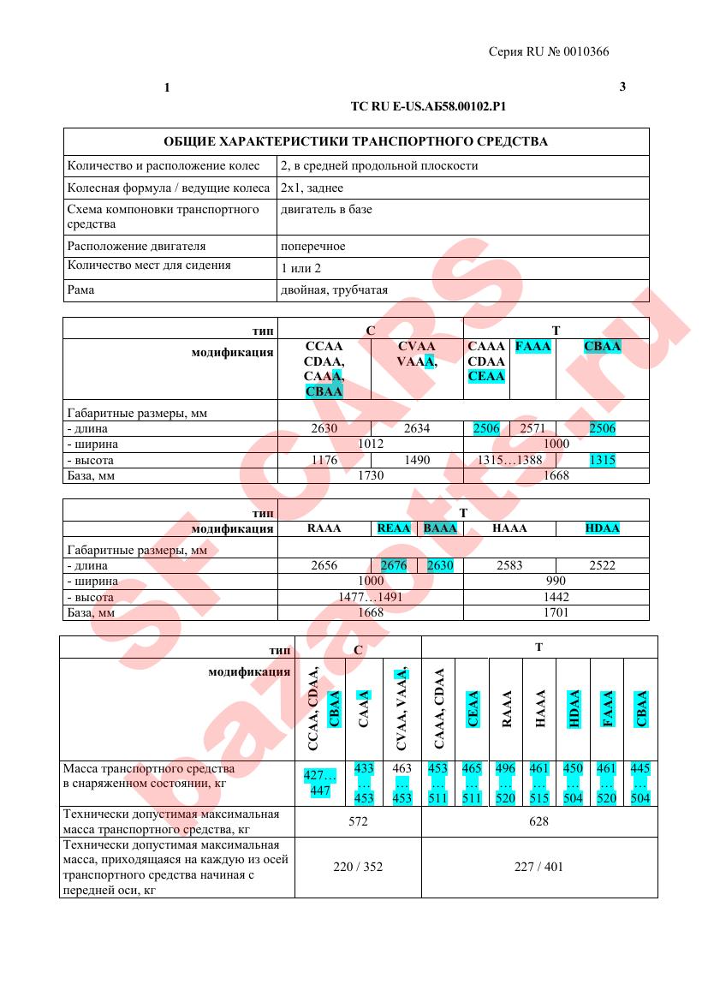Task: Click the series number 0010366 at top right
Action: (586, 52)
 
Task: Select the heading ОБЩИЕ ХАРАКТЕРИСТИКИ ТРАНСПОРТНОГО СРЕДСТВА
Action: (355, 141)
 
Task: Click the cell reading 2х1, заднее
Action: (312, 188)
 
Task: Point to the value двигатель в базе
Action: (326, 209)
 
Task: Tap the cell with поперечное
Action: (313, 246)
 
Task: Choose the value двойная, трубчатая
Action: (328, 289)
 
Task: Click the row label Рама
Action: (80, 289)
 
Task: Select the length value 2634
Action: (416, 428)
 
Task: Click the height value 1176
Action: (324, 460)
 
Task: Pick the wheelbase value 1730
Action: (370, 475)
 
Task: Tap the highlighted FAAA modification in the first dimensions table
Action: (532, 347)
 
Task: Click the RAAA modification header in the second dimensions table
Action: (324, 528)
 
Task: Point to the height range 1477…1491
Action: (370, 597)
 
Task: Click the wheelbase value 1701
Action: (556, 612)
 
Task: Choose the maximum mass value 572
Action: (358, 821)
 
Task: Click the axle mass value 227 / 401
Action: (539, 867)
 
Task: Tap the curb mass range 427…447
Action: (320, 783)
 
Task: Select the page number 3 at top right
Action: (622, 87)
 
